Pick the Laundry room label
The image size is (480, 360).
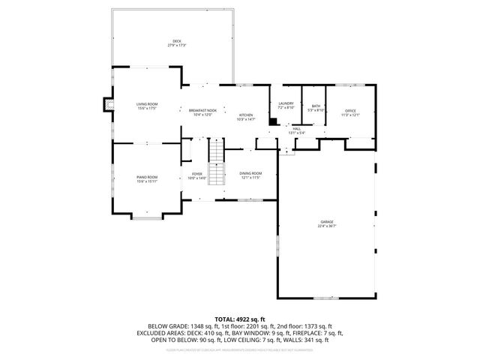[285, 105]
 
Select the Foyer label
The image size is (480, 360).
[195, 175]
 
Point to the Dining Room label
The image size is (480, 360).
[250, 175]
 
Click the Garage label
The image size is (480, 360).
[327, 223]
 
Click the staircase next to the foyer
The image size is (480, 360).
[216, 163]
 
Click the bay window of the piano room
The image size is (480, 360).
[146, 217]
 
